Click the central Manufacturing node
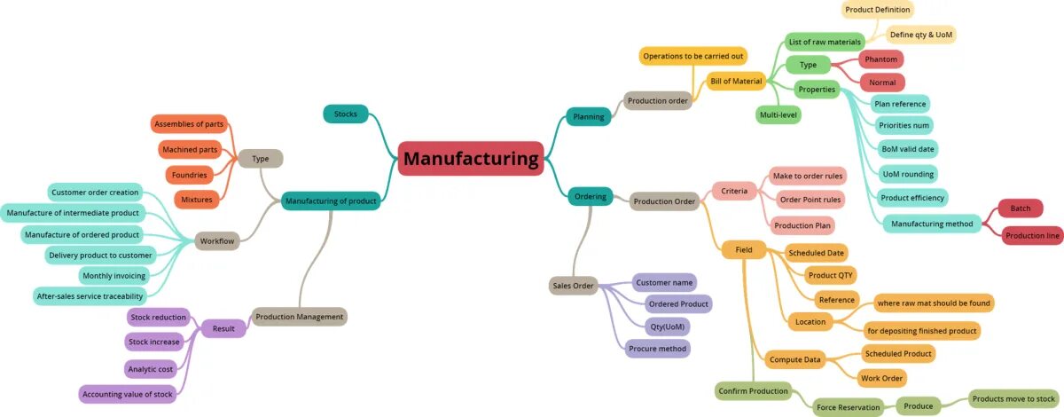coord(470,159)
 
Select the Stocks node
coord(345,114)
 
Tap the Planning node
coord(588,116)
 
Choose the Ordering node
coord(590,196)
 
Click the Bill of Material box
coord(736,81)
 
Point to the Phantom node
coord(881,59)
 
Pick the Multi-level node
coord(778,114)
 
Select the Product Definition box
coord(877,10)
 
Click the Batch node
coord(1020,208)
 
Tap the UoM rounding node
coord(908,173)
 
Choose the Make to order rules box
coord(807,175)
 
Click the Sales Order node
coord(573,286)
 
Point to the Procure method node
coord(657,349)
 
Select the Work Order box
coord(881,378)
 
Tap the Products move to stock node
coord(1013,398)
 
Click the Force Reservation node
coord(848,407)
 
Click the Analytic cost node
coord(151,368)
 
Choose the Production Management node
coord(299,317)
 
